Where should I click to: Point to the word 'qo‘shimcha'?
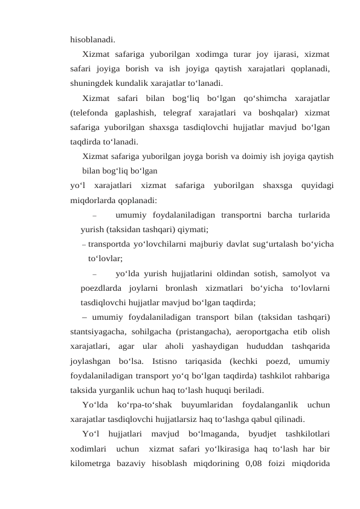[260, 98]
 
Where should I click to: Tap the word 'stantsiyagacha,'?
[98, 331]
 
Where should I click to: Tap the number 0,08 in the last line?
[250, 464]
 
